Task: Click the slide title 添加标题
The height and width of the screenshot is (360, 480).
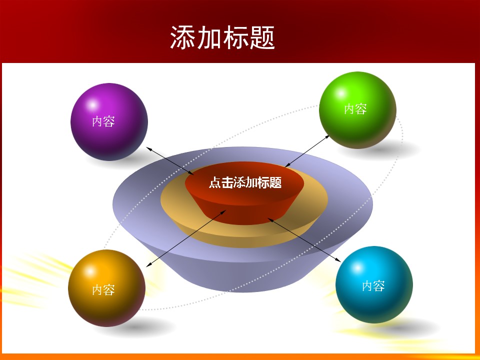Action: click(222, 37)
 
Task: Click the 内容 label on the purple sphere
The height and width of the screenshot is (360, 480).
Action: click(103, 121)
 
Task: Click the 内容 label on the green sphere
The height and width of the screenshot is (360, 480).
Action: click(355, 109)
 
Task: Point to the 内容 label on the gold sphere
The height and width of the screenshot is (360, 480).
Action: click(103, 290)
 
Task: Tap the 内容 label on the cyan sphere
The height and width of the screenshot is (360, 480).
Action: click(373, 286)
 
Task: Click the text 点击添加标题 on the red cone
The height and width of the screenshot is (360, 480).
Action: click(245, 183)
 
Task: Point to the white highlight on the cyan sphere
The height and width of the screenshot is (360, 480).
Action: click(357, 267)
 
